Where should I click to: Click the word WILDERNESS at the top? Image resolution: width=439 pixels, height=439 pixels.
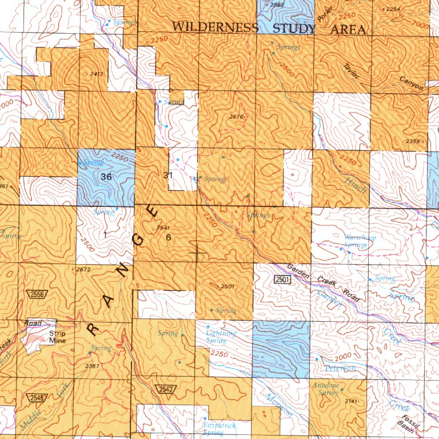215,27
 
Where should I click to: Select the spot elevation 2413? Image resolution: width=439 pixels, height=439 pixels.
96,74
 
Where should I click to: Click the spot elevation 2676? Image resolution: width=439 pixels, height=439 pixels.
237,117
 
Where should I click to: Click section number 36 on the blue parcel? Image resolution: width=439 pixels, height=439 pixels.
106,177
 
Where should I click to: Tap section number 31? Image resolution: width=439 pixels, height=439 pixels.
167,175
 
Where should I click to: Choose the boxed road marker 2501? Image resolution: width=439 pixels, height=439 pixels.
283,279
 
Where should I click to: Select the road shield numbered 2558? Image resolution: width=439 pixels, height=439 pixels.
35,293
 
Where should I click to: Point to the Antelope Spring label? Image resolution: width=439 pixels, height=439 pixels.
325,389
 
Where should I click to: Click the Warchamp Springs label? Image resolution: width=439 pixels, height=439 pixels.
356,241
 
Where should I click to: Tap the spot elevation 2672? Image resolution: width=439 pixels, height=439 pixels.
84,269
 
